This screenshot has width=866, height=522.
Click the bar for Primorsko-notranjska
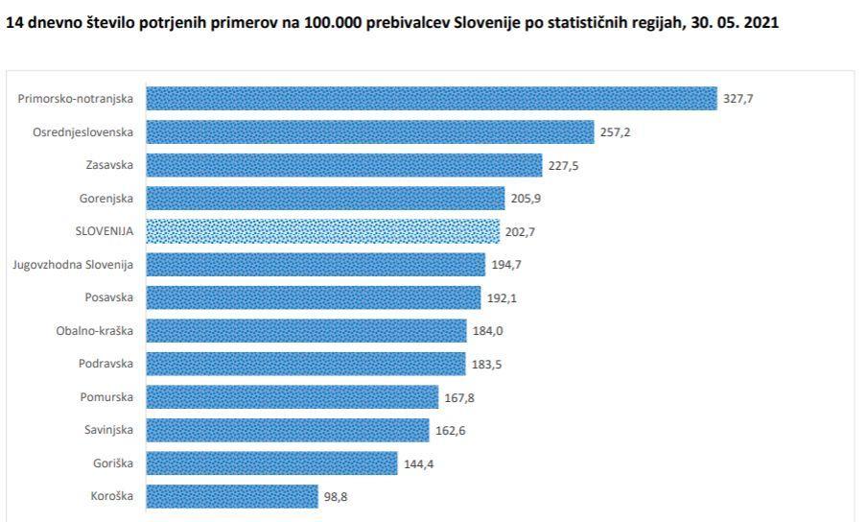click(x=432, y=99)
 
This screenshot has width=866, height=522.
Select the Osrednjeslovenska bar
click(x=370, y=132)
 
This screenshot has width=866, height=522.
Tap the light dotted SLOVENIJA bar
click(x=322, y=231)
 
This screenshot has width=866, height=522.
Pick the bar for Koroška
click(x=232, y=496)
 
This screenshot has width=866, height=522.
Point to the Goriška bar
click(x=271, y=463)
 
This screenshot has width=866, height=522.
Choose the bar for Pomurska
click(x=293, y=397)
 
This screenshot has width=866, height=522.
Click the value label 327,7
click(x=738, y=99)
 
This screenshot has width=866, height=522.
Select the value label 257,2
click(x=616, y=132)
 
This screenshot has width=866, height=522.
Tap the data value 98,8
click(x=336, y=497)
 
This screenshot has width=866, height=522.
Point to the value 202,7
click(x=521, y=231)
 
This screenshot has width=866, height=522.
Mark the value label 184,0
click(x=487, y=331)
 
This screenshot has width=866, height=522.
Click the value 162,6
click(x=451, y=431)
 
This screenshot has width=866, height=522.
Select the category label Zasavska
click(x=109, y=165)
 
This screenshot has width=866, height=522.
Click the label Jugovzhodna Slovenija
click(x=73, y=265)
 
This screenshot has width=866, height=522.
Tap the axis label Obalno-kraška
click(x=95, y=331)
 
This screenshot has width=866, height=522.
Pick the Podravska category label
click(x=105, y=364)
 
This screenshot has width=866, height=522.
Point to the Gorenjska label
click(x=106, y=199)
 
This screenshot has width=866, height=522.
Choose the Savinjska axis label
click(x=108, y=430)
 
